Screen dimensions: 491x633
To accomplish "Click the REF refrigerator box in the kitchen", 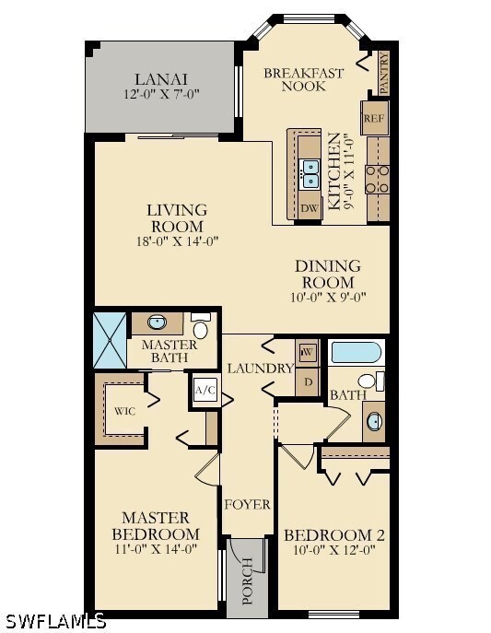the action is tap(375, 118).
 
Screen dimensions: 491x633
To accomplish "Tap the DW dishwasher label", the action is tap(310, 208).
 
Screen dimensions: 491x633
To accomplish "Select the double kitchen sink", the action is tap(311, 173).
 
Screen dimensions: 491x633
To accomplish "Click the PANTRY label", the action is tap(384, 73).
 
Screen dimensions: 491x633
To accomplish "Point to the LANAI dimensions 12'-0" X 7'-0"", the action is tap(161, 95).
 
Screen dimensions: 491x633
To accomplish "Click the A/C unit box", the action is tap(205, 391).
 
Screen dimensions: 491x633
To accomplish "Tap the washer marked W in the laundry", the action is tap(308, 352).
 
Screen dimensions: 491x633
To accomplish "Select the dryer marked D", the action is tap(308, 381).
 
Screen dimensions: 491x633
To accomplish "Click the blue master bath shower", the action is tap(110, 340).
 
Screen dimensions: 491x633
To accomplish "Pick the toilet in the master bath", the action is tap(201, 326).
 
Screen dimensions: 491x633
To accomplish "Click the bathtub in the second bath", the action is tap(355, 352).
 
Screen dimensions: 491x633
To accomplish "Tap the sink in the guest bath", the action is tap(375, 422).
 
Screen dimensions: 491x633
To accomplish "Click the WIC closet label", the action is tap(124, 411).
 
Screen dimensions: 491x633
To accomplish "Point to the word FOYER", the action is tap(247, 504).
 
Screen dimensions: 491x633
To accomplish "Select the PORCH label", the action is tap(247, 580).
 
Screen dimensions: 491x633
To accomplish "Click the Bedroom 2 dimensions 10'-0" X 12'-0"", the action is tap(334, 550).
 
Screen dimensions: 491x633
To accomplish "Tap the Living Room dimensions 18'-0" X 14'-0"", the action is tap(178, 241).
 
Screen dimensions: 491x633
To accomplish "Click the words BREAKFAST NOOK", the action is tap(304, 79).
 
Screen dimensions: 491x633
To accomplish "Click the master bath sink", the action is tap(158, 322).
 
